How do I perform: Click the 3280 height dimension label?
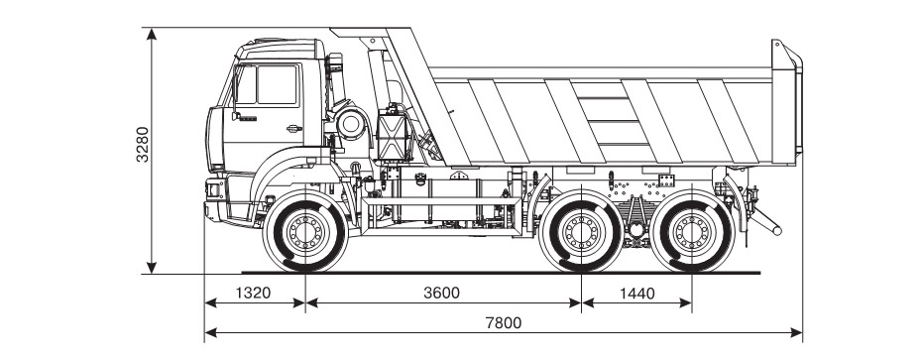(x=143, y=144)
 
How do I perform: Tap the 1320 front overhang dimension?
(x=254, y=293)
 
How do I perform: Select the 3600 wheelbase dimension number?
(x=441, y=293)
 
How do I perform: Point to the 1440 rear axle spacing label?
(x=636, y=293)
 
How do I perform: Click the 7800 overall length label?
(x=504, y=322)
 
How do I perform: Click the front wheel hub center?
(x=305, y=231)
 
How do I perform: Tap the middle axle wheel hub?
(x=581, y=231)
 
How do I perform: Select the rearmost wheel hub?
(x=692, y=231)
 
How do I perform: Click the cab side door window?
(x=277, y=84)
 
